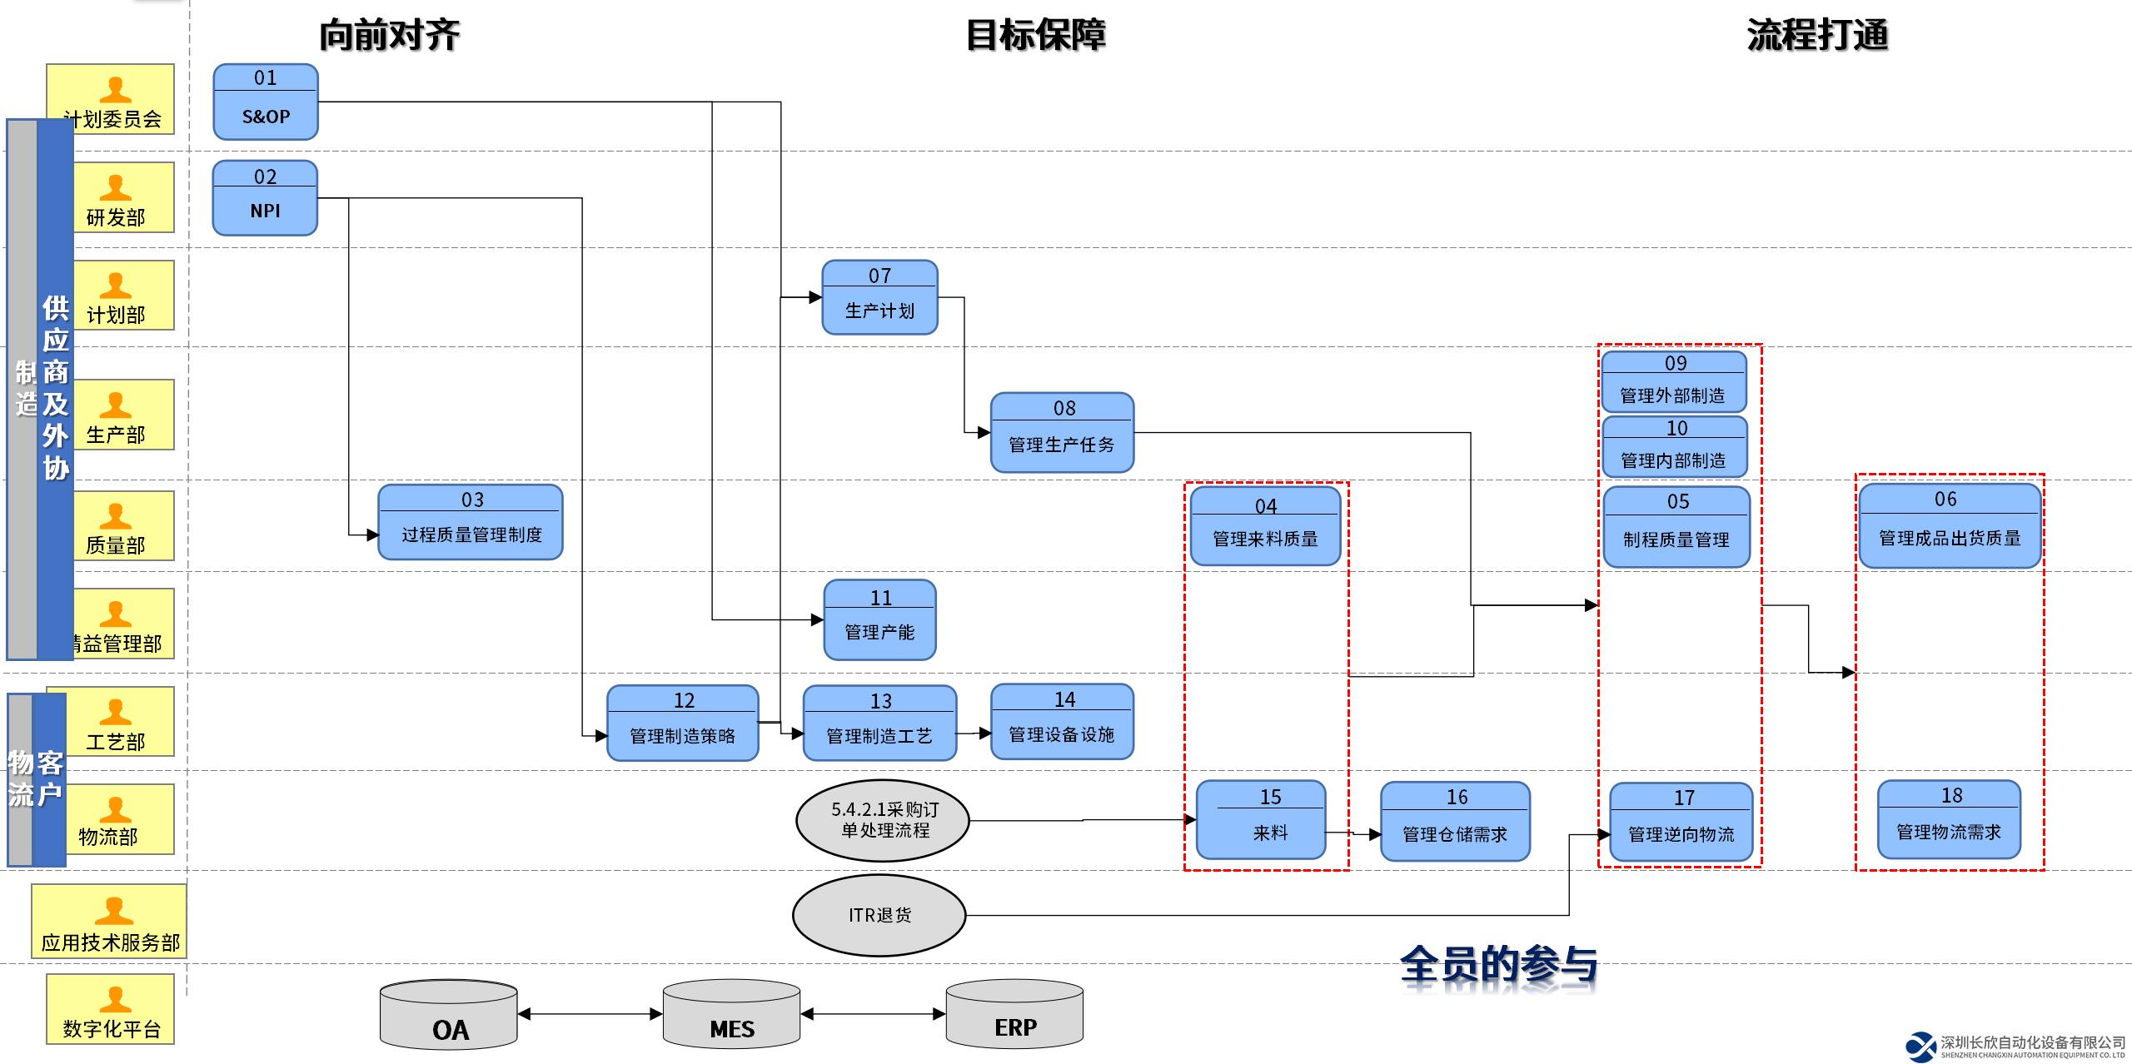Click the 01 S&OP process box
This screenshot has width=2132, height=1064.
[265, 102]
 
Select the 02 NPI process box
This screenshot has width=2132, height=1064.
[265, 198]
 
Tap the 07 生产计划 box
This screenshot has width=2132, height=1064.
[879, 297]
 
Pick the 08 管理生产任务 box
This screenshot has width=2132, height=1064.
[1062, 433]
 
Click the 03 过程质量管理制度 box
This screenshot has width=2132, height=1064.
[471, 522]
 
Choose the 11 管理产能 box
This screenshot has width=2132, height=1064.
[879, 620]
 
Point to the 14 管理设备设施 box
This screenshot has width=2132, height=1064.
[1062, 722]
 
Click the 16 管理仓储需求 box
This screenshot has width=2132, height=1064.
[1455, 821]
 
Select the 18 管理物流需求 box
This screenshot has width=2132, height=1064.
[1949, 819]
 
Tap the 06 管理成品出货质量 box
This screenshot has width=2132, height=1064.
[1950, 526]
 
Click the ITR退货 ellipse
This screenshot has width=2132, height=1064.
[879, 915]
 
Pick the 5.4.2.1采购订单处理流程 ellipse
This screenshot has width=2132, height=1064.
[883, 820]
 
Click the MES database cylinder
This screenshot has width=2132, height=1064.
[731, 1014]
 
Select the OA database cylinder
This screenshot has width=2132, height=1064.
[449, 1014]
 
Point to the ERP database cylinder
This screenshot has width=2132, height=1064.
[1014, 1013]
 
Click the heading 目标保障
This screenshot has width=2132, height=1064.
[1035, 35]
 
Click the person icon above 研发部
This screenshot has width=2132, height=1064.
[115, 188]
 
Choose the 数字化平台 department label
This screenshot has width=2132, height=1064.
[112, 1029]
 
